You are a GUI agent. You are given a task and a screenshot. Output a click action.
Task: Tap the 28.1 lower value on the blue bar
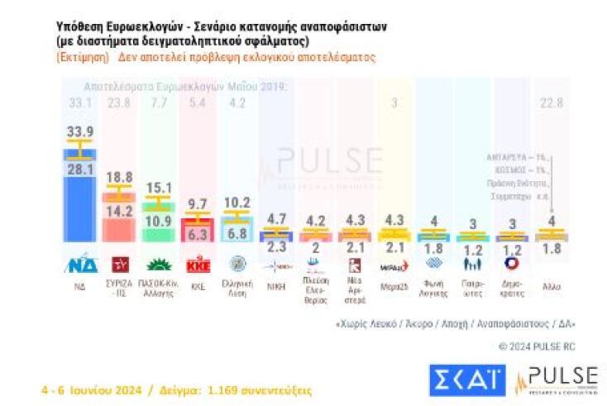click(80, 169)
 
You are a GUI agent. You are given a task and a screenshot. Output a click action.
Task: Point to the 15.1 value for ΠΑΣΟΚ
click(158, 188)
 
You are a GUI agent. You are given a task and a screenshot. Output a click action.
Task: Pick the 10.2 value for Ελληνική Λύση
click(237, 201)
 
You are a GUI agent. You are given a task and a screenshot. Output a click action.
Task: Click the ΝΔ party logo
click(80, 265)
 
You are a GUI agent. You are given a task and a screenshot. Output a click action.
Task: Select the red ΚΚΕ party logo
click(197, 265)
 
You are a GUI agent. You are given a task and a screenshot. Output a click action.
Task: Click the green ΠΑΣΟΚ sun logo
click(158, 265)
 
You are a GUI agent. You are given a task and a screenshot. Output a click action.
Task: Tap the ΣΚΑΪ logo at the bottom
click(466, 380)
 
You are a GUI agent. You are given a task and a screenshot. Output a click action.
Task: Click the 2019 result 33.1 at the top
click(80, 103)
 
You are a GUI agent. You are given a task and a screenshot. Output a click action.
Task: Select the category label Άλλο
click(551, 286)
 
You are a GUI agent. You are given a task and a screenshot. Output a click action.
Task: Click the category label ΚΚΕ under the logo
click(197, 286)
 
